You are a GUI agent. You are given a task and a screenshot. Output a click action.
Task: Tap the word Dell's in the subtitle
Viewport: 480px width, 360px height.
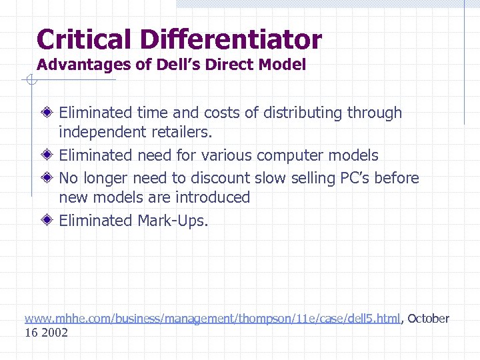click(171, 65)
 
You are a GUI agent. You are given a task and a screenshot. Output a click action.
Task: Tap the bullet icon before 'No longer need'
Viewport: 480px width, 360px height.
click(49, 178)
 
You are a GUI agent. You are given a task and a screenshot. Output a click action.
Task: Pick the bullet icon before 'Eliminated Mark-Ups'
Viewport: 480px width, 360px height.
click(49, 220)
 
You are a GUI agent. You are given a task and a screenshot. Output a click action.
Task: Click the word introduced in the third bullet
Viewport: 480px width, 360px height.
click(213, 197)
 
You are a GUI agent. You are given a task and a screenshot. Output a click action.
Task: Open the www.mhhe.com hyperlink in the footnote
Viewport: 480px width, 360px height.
click(212, 319)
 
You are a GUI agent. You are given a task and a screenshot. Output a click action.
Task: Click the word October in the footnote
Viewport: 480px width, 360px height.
click(429, 319)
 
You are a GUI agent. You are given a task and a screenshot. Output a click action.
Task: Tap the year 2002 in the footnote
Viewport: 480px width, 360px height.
click(54, 332)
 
